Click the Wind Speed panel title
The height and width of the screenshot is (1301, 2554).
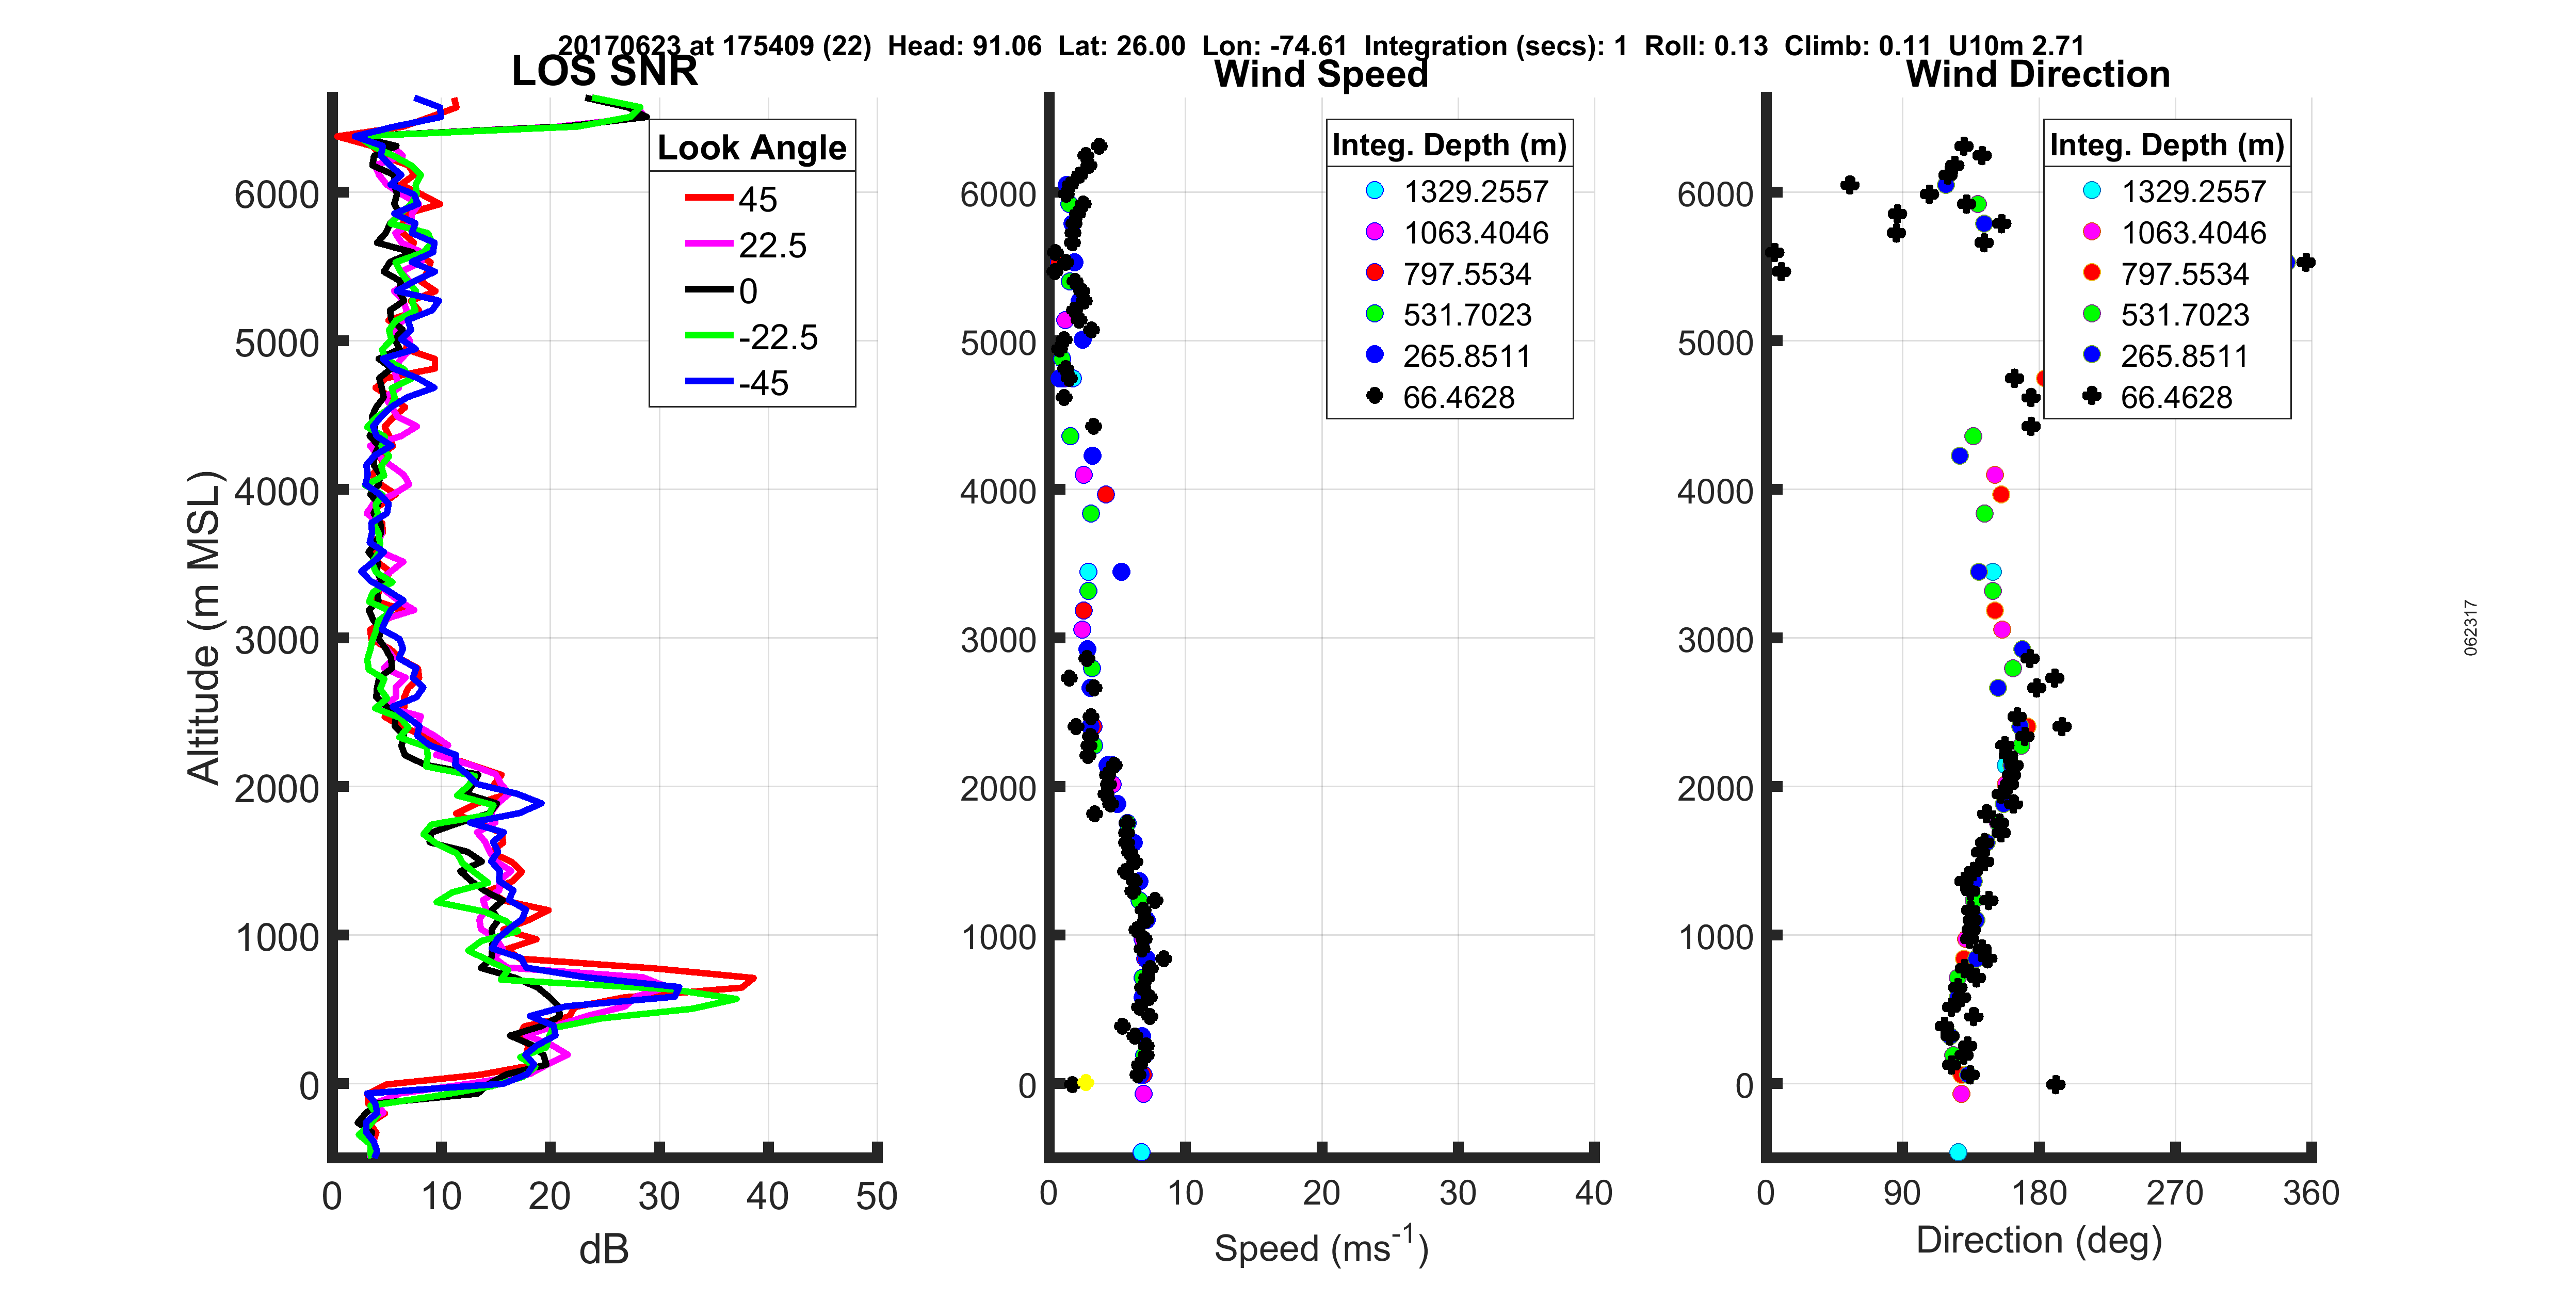1321,74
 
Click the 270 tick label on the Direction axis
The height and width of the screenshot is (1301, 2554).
2174,1193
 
